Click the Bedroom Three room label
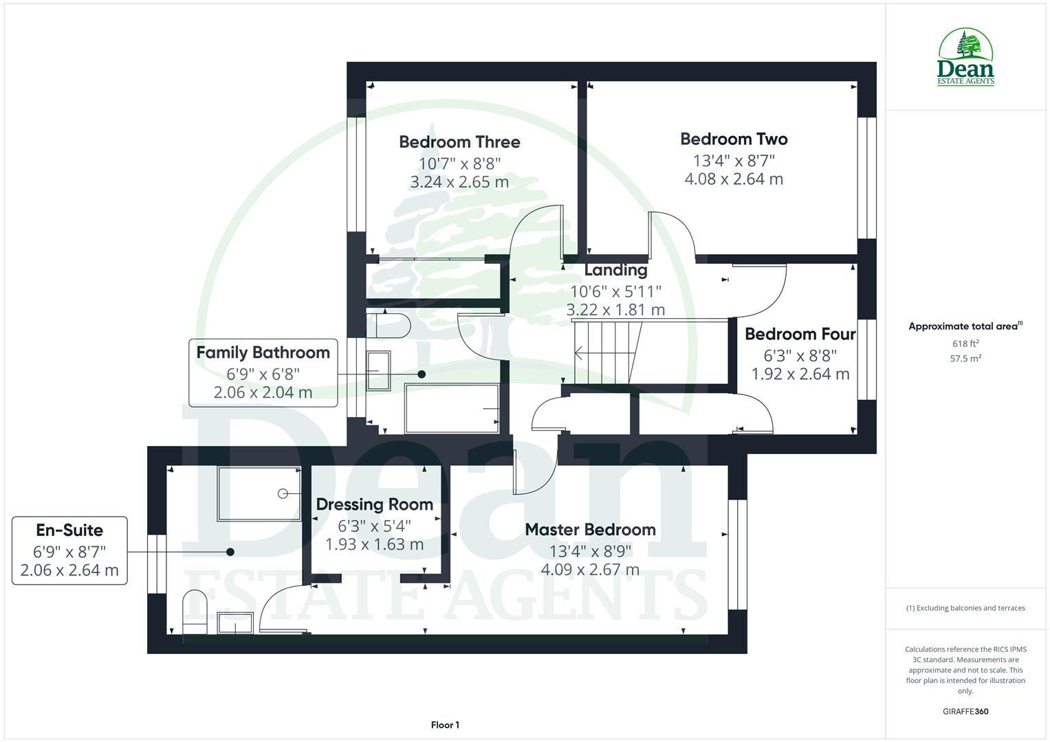[x=459, y=142]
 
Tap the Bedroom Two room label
[x=734, y=139]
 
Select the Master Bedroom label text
[x=590, y=530]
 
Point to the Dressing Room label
[x=374, y=504]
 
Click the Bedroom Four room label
[x=800, y=335]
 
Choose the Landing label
[x=615, y=270]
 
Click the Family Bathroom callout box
[x=263, y=372]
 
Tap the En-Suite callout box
[x=69, y=550]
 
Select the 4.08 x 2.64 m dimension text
[x=734, y=179]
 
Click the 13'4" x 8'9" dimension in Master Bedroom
[x=590, y=551]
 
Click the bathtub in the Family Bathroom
[x=452, y=409]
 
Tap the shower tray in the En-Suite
[x=259, y=493]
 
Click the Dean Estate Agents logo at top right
[x=965, y=58]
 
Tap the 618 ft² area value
[x=965, y=344]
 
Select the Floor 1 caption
[x=445, y=725]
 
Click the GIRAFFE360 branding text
[x=965, y=712]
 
